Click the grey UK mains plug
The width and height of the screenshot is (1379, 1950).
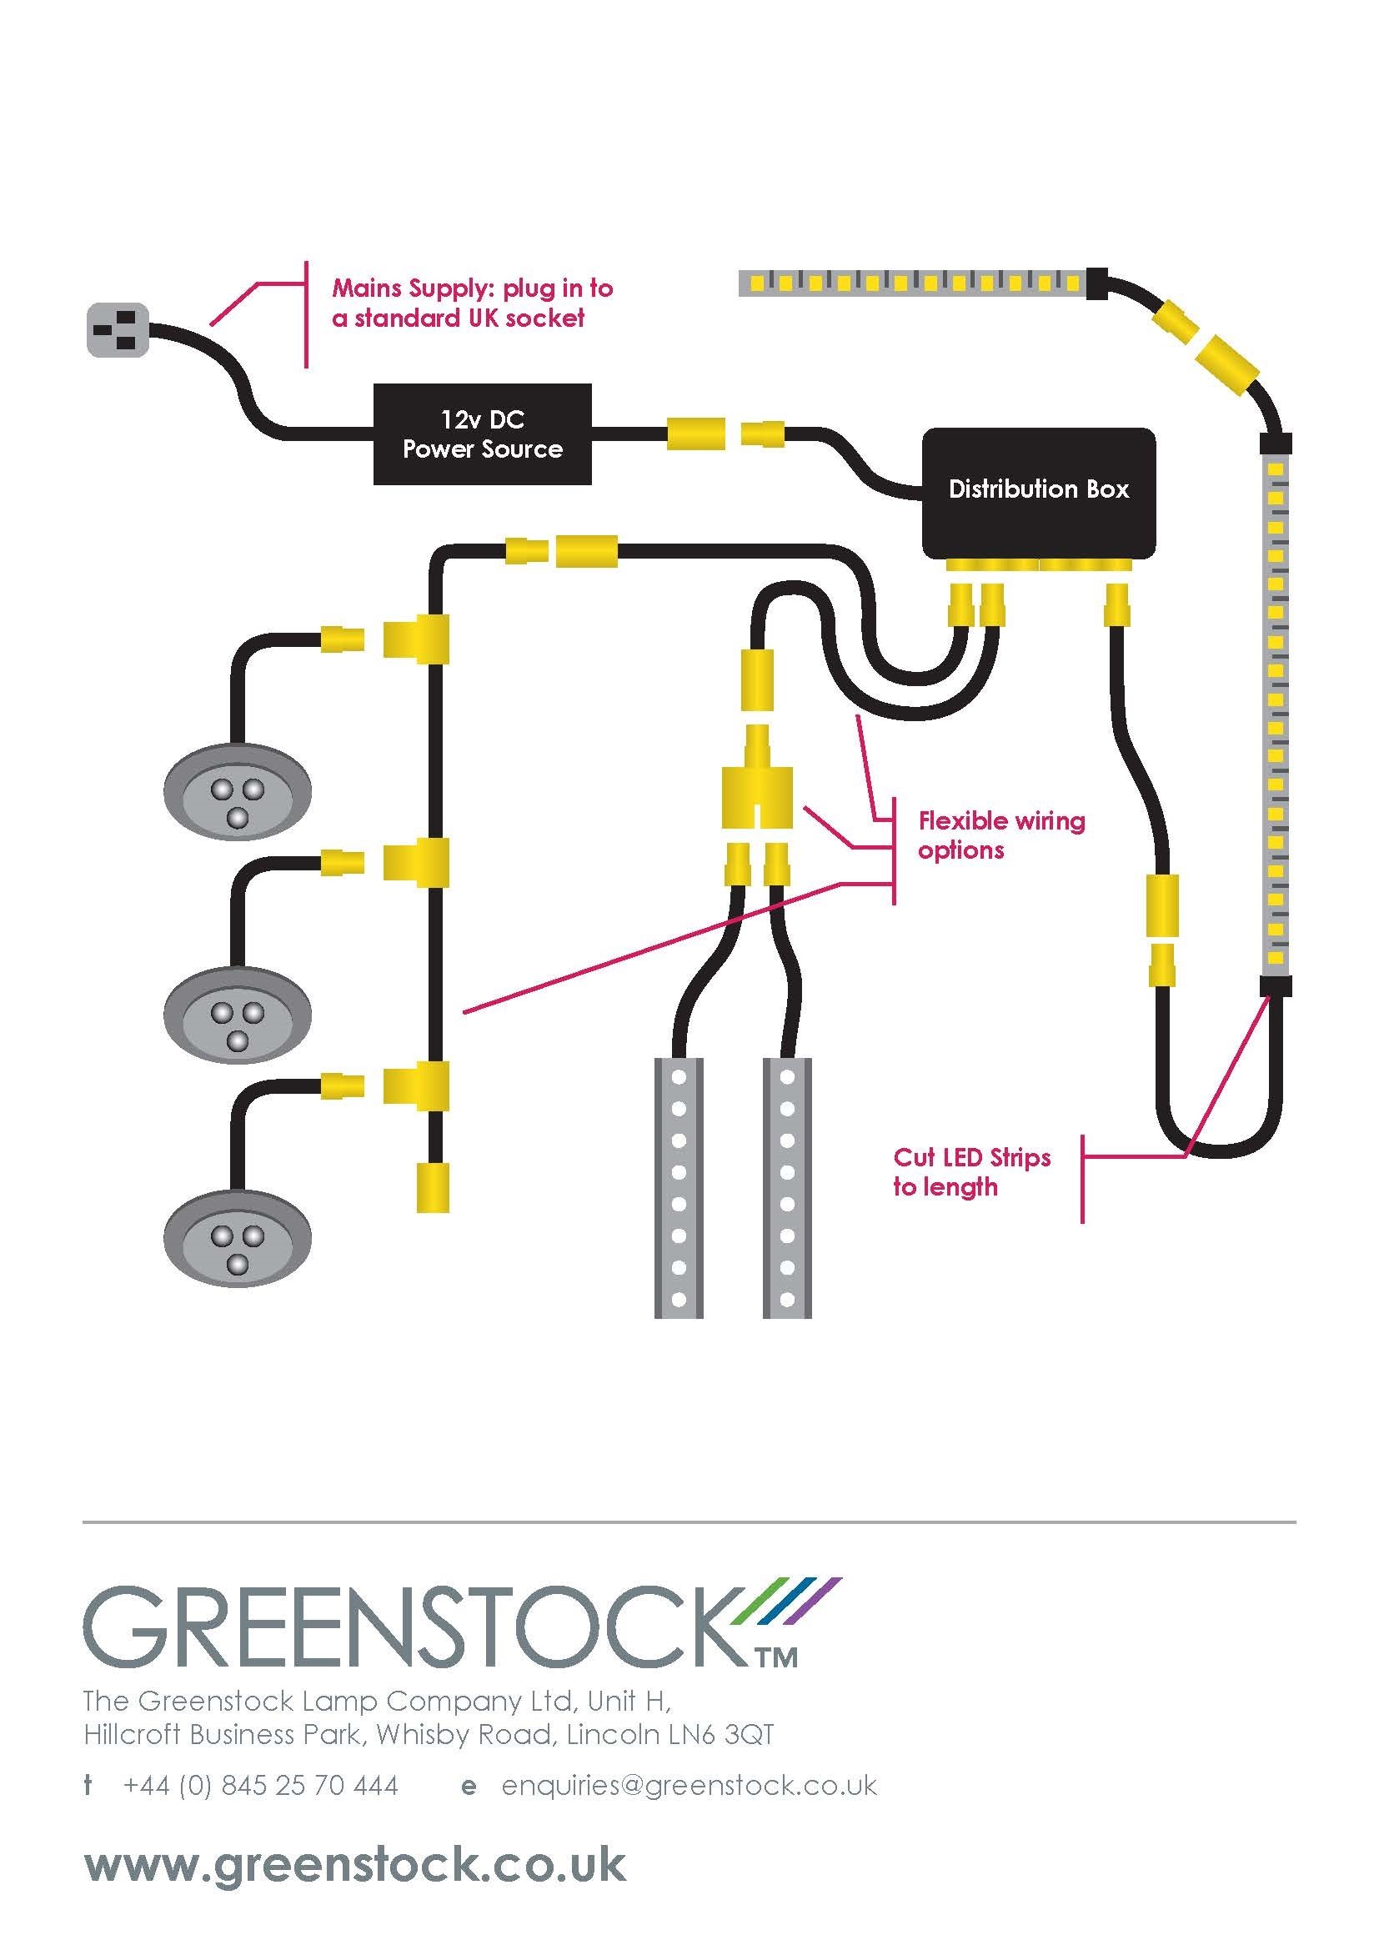(x=118, y=331)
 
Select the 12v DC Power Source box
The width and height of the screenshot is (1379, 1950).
(x=482, y=434)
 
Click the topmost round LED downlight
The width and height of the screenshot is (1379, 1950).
(x=238, y=791)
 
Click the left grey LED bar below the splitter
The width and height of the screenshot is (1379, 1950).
(x=679, y=1187)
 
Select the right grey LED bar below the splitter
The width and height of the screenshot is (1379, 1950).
(x=786, y=1187)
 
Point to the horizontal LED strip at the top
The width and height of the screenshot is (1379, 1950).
(x=913, y=283)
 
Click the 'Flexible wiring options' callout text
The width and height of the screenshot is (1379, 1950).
(x=1000, y=835)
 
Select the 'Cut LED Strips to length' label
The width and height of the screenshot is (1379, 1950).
(x=971, y=1172)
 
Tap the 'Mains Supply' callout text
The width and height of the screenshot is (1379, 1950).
(x=472, y=303)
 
